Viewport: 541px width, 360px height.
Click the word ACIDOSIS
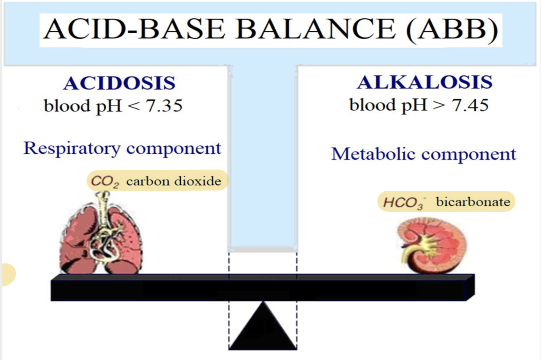(x=119, y=83)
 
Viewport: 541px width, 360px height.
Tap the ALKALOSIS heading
(x=425, y=82)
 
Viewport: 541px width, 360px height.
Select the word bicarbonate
(x=473, y=202)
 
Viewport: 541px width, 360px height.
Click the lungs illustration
(x=101, y=239)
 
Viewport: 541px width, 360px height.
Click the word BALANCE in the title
(x=313, y=30)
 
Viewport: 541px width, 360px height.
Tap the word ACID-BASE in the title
(x=134, y=30)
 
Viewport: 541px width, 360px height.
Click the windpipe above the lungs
(x=103, y=205)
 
